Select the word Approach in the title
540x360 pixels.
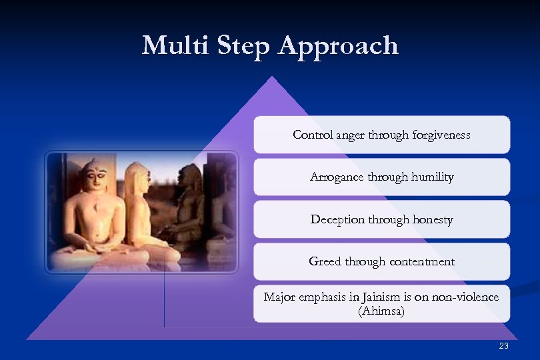339,47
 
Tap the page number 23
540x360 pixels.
503,345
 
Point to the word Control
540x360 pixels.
313,135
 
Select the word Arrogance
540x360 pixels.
337,177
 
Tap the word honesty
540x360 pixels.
430,219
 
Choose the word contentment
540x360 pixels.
418,261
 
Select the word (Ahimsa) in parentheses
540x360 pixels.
381,311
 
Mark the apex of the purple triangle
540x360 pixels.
271,77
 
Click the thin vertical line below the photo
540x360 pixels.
164,300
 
